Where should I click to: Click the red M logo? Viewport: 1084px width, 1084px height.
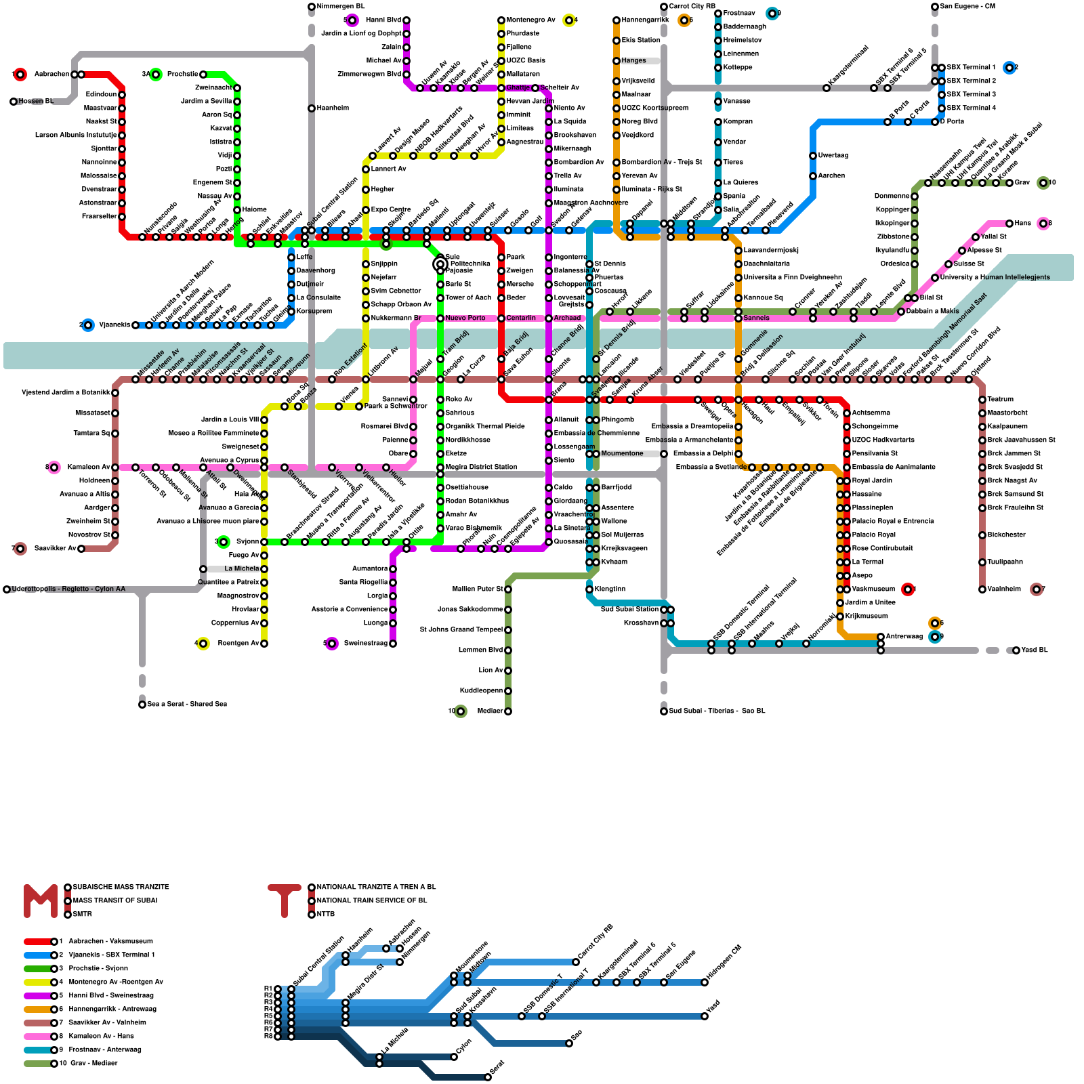(x=41, y=901)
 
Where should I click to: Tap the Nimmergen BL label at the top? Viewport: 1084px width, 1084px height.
(x=340, y=7)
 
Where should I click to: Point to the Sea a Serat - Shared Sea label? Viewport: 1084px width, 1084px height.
(x=187, y=704)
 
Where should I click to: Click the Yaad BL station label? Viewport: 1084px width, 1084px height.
(x=1034, y=650)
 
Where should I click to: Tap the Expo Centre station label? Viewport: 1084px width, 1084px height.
(x=391, y=209)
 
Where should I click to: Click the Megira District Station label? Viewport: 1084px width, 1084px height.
(x=481, y=467)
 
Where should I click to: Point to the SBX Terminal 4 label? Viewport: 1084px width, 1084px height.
(x=971, y=108)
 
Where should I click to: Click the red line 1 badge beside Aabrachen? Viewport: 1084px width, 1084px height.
(x=20, y=74)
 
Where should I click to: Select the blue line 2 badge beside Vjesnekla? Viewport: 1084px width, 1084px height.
(x=87, y=325)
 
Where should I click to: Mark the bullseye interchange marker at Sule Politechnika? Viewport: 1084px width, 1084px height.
(x=440, y=264)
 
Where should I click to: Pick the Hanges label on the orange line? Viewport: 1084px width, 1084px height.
(x=634, y=60)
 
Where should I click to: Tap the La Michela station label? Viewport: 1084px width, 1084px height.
(x=241, y=568)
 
